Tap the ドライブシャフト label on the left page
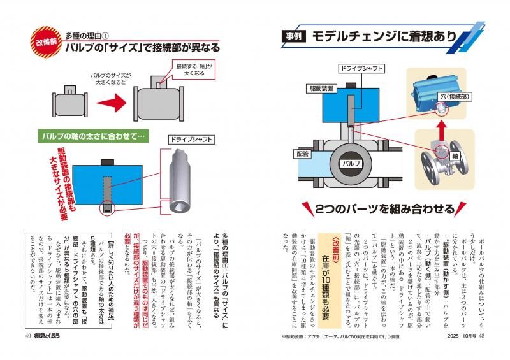point(191,139)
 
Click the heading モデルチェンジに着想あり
point(382,37)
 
